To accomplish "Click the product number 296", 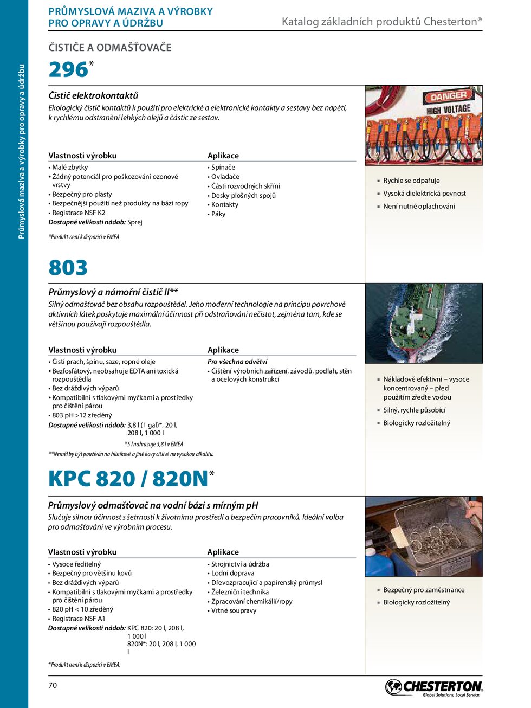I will point(68,70).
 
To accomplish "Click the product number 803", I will point(68,268).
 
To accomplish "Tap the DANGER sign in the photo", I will point(448,96).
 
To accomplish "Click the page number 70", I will point(53,685).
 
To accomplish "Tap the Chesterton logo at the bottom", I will point(433,687).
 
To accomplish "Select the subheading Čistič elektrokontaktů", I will point(93,95).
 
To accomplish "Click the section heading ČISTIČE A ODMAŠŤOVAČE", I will point(110,48).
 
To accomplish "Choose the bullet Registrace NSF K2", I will point(79,213).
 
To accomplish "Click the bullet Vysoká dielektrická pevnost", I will point(424,194).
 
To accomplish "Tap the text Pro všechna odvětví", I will point(237,362).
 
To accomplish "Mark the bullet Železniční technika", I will point(239,592).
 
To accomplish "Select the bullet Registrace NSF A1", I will point(79,619).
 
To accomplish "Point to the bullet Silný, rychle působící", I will point(415,410).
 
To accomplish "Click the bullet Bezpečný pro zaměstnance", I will point(424,590).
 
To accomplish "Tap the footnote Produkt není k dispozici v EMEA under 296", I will point(84,237).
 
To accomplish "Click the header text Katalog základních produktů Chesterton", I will point(381,22).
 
